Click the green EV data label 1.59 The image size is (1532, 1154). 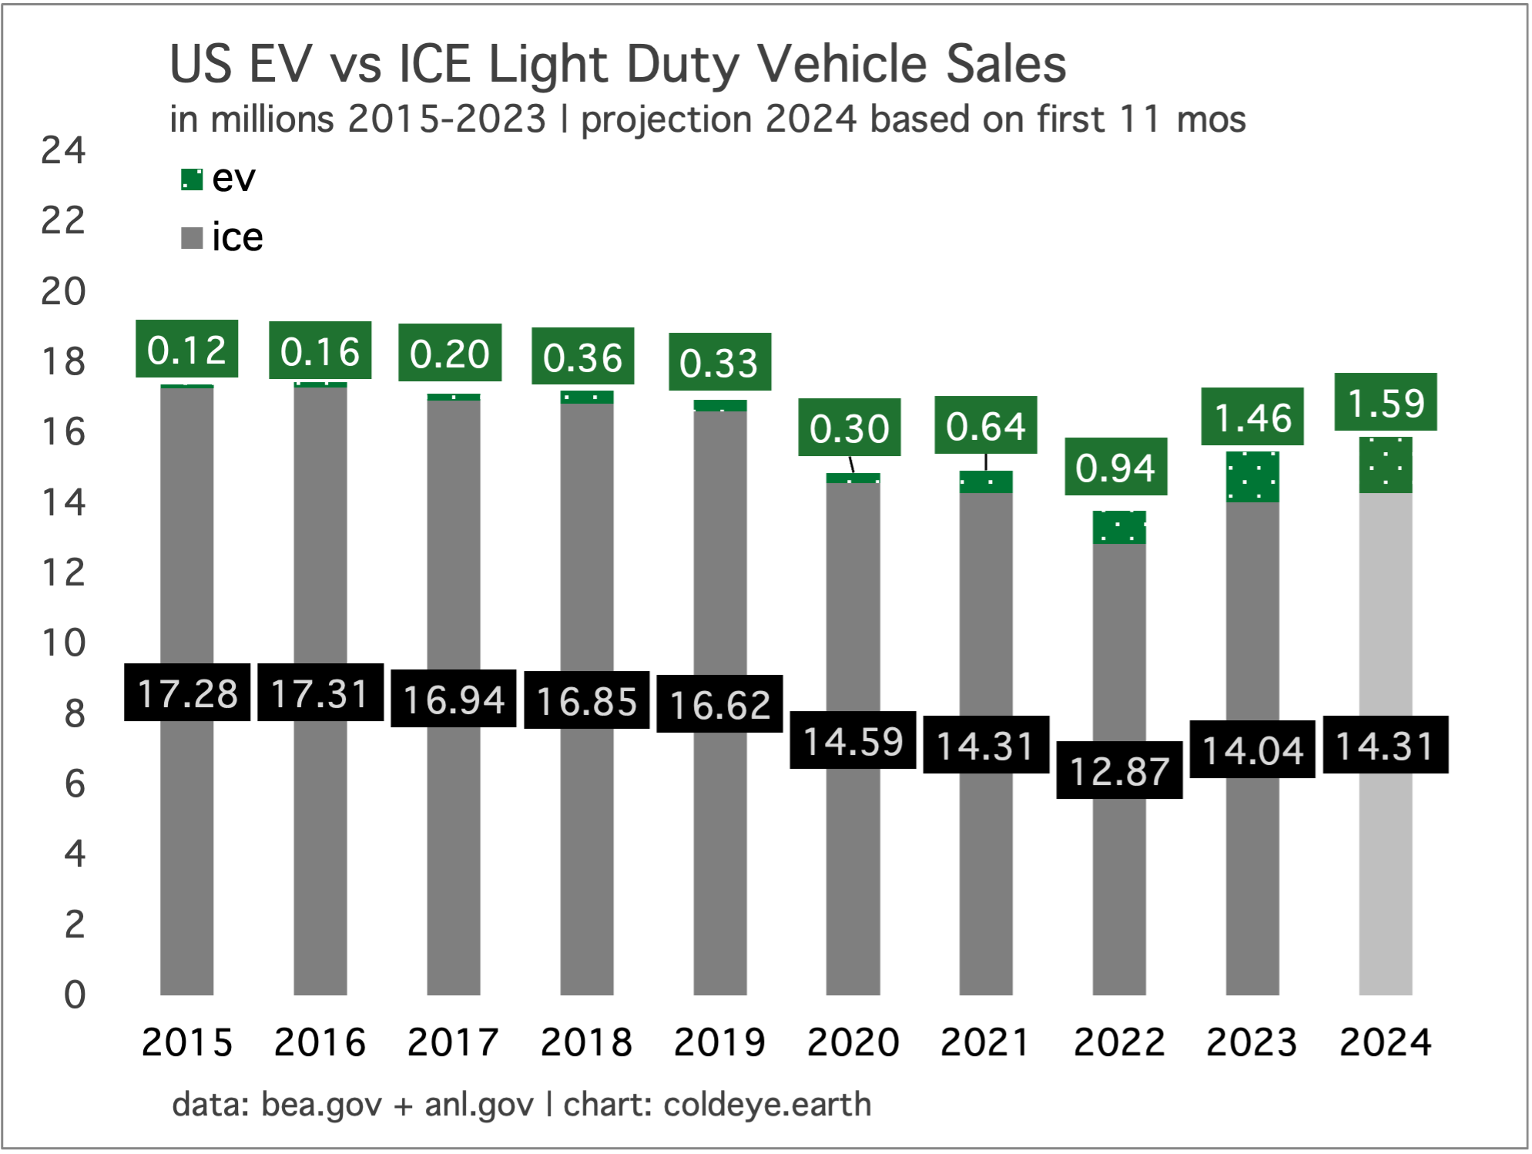(x=1385, y=402)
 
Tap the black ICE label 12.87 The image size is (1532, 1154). (x=1118, y=770)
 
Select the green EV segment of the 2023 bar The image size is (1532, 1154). (x=1252, y=477)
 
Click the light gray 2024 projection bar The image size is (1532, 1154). (x=1385, y=886)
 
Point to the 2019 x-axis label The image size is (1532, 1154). (x=719, y=1043)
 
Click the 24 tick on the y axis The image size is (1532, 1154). (x=63, y=150)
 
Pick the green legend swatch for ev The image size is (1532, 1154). (x=191, y=179)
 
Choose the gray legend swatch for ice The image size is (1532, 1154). (x=191, y=238)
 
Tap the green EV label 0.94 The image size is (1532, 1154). (x=1115, y=467)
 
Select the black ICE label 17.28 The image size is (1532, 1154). (x=187, y=693)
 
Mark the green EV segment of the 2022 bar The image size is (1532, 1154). (x=1118, y=528)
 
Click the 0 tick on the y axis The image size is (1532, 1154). (x=75, y=995)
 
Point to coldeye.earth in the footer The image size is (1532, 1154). (x=767, y=1105)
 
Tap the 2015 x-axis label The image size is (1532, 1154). (x=187, y=1043)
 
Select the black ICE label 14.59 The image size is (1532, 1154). (x=853, y=740)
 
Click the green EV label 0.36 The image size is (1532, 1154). (x=582, y=357)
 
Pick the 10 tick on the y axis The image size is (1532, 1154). (x=63, y=642)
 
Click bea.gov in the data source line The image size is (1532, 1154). (x=321, y=1105)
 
